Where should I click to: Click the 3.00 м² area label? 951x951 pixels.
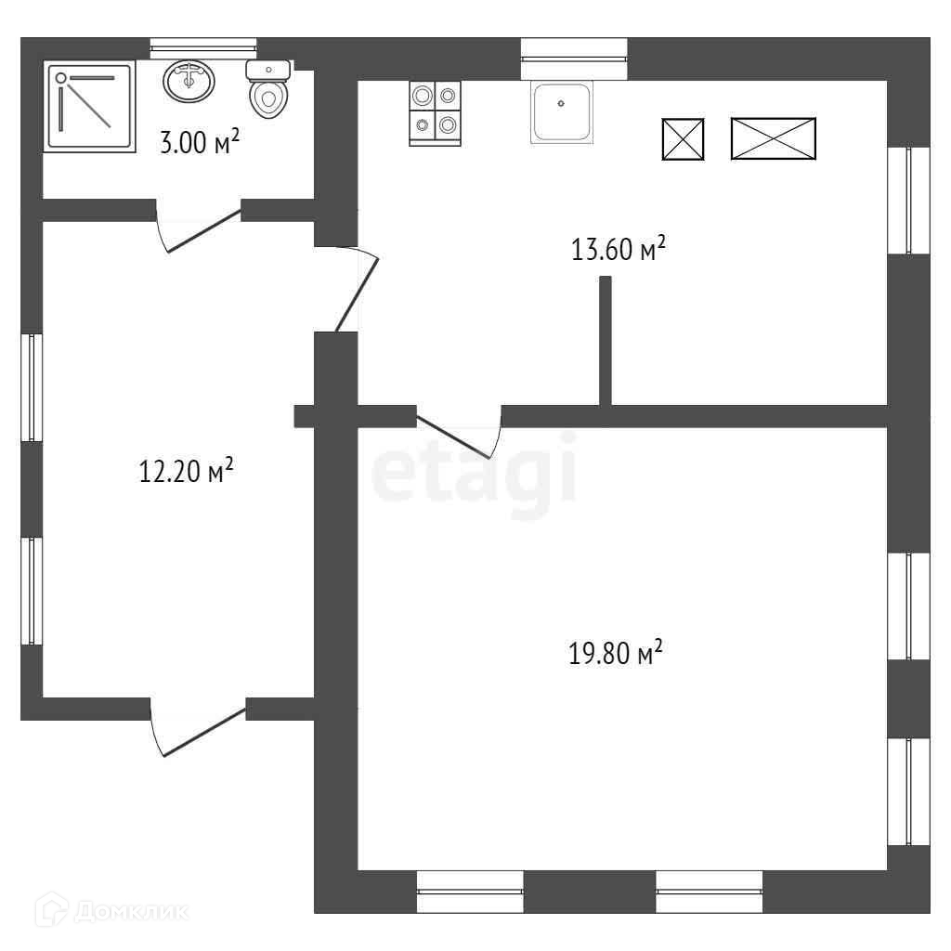[200, 143]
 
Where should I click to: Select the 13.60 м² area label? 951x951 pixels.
[619, 250]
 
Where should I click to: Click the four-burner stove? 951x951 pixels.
[435, 113]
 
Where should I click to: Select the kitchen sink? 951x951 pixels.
[561, 112]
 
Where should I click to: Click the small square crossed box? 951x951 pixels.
[683, 139]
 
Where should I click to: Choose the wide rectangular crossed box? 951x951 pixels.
[773, 138]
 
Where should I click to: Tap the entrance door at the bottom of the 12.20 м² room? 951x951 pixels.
[199, 730]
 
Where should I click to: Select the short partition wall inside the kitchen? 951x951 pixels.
[606, 340]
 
